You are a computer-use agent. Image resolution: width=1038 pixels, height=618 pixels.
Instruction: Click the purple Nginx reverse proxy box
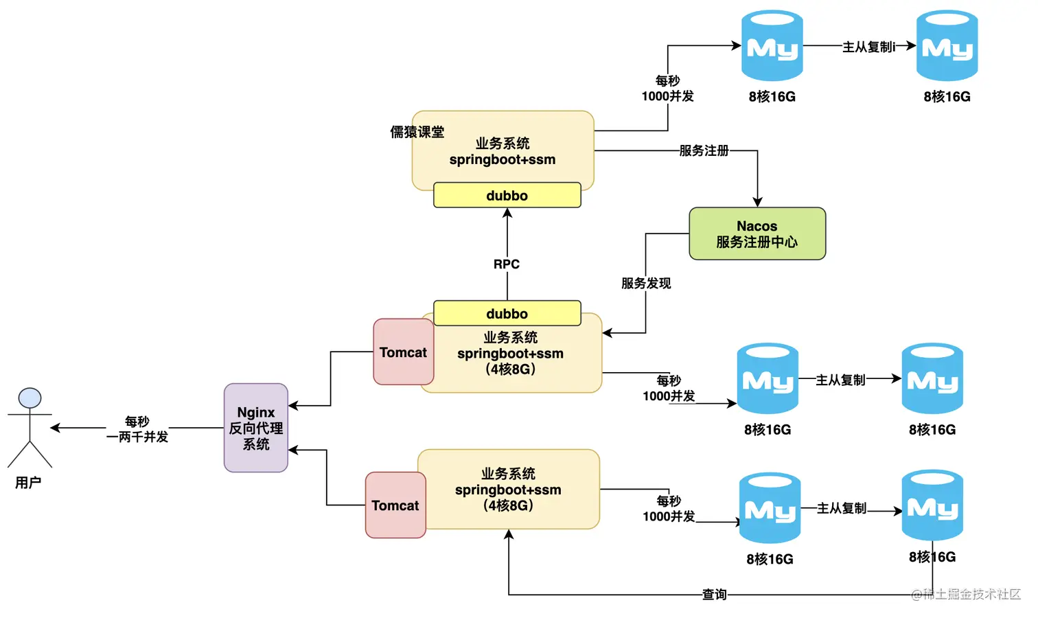pyautogui.click(x=256, y=428)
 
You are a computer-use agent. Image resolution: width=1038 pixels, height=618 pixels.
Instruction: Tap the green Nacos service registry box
pyautogui.click(x=757, y=233)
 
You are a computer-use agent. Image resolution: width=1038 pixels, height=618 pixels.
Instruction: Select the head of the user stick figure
pyautogui.click(x=30, y=398)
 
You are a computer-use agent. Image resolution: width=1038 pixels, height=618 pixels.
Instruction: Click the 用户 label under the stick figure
pyautogui.click(x=28, y=483)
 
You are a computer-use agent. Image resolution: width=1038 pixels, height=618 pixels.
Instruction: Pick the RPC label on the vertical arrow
pyautogui.click(x=507, y=264)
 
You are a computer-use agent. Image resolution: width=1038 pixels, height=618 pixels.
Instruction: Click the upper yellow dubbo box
pyautogui.click(x=507, y=195)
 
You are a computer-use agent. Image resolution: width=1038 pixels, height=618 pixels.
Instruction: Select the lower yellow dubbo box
pyautogui.click(x=507, y=313)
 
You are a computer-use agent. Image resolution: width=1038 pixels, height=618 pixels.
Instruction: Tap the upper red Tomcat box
pyautogui.click(x=403, y=352)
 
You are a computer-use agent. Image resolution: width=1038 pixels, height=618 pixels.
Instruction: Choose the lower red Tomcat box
pyautogui.click(x=395, y=505)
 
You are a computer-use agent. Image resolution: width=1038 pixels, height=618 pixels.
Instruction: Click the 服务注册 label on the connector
pyautogui.click(x=704, y=150)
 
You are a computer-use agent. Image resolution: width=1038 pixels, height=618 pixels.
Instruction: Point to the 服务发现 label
pyautogui.click(x=646, y=284)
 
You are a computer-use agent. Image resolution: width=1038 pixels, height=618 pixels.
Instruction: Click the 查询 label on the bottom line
pyautogui.click(x=714, y=595)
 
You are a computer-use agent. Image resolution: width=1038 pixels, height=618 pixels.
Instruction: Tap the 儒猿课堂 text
pyautogui.click(x=417, y=132)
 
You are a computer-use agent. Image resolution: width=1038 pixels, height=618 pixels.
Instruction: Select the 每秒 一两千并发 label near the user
pyautogui.click(x=137, y=429)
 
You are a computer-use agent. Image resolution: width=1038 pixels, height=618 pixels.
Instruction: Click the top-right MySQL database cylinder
pyautogui.click(x=947, y=45)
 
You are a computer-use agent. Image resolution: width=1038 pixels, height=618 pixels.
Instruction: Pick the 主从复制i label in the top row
pyautogui.click(x=868, y=47)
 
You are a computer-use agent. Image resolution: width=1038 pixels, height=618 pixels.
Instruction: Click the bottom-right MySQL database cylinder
pyautogui.click(x=932, y=505)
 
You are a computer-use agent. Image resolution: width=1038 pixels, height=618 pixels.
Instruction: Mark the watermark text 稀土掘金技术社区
pyautogui.click(x=966, y=594)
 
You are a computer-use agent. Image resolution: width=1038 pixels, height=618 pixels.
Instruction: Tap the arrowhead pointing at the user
pyautogui.click(x=55, y=428)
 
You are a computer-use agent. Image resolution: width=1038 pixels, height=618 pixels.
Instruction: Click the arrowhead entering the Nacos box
pyautogui.click(x=758, y=202)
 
